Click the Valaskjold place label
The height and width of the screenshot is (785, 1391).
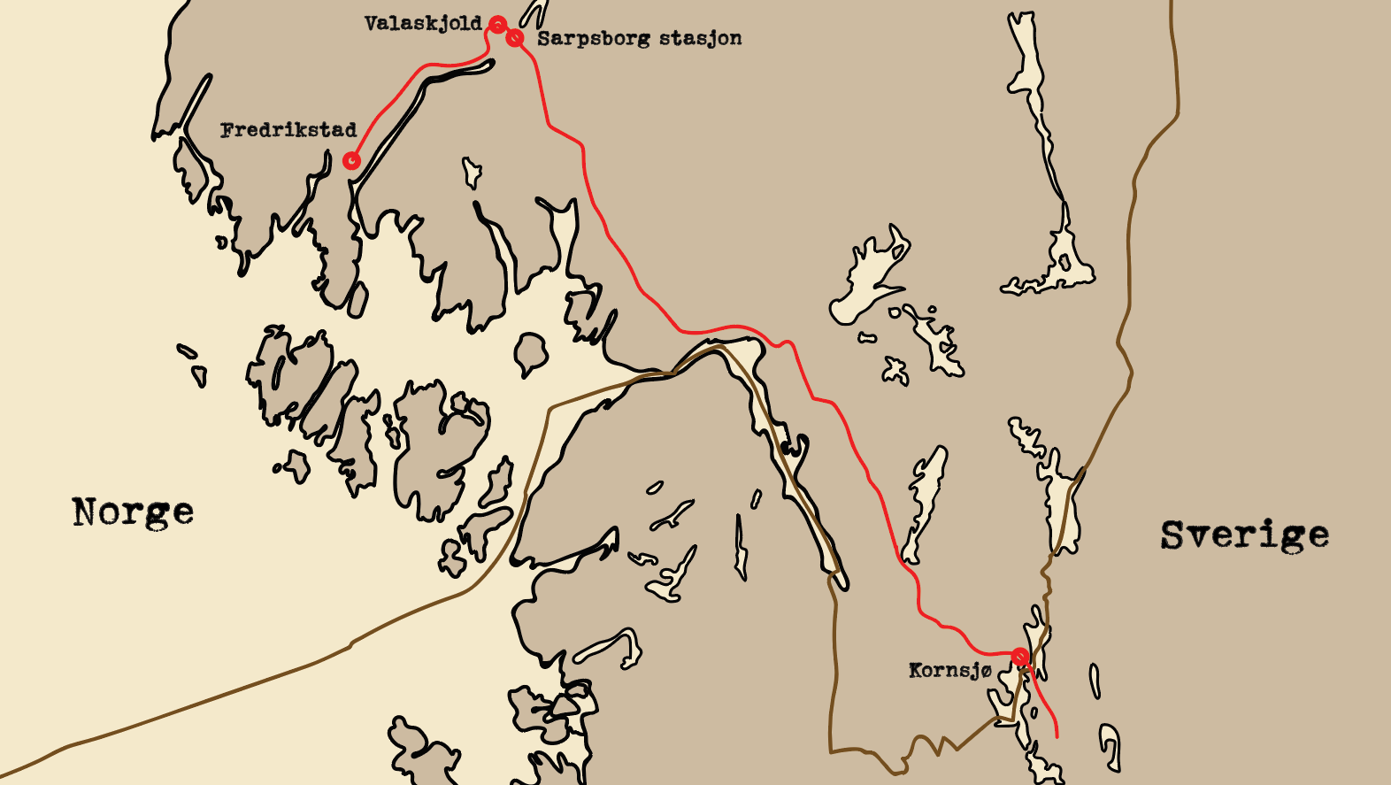[423, 24]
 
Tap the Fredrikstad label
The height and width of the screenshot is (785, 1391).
[288, 131]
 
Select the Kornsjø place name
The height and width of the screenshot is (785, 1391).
[949, 671]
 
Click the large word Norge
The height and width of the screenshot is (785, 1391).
[133, 512]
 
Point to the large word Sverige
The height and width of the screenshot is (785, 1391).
[1244, 535]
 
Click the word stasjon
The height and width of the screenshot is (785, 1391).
[700, 39]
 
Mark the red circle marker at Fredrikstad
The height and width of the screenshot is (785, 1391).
[351, 160]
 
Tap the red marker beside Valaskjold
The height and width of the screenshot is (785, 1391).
[498, 24]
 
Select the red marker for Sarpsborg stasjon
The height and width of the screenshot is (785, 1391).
[515, 37]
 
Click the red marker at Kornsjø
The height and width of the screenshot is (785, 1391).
[1020, 657]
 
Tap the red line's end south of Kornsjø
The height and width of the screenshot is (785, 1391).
[1057, 735]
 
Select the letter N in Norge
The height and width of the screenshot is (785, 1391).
[85, 512]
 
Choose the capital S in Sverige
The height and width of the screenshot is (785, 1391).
[1173, 535]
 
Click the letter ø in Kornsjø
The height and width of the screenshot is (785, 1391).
[985, 671]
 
